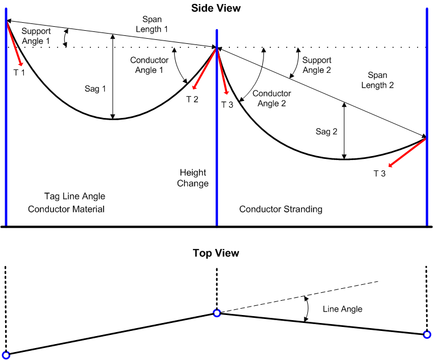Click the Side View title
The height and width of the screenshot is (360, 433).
coord(216,8)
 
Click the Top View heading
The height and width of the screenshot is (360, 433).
coord(216,253)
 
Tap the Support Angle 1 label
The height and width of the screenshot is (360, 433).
coord(36,36)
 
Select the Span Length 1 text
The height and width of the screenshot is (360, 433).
coord(152,24)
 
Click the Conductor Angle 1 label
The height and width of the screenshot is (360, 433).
coord(149,65)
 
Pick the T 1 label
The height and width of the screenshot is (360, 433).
coord(19,72)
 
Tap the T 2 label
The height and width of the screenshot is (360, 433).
coord(192,99)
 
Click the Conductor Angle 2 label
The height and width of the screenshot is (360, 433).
coord(271,98)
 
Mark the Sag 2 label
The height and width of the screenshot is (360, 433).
coord(327,132)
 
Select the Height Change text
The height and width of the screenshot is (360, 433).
coord(193,178)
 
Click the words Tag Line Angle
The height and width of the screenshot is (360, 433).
coord(75,197)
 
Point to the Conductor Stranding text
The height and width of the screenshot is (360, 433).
coord(281,209)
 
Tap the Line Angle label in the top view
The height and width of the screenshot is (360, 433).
coord(343,309)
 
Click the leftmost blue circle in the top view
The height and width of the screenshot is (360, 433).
coord(6,355)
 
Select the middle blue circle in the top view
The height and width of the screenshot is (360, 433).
coord(217,313)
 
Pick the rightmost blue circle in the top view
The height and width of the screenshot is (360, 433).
coord(427,334)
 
